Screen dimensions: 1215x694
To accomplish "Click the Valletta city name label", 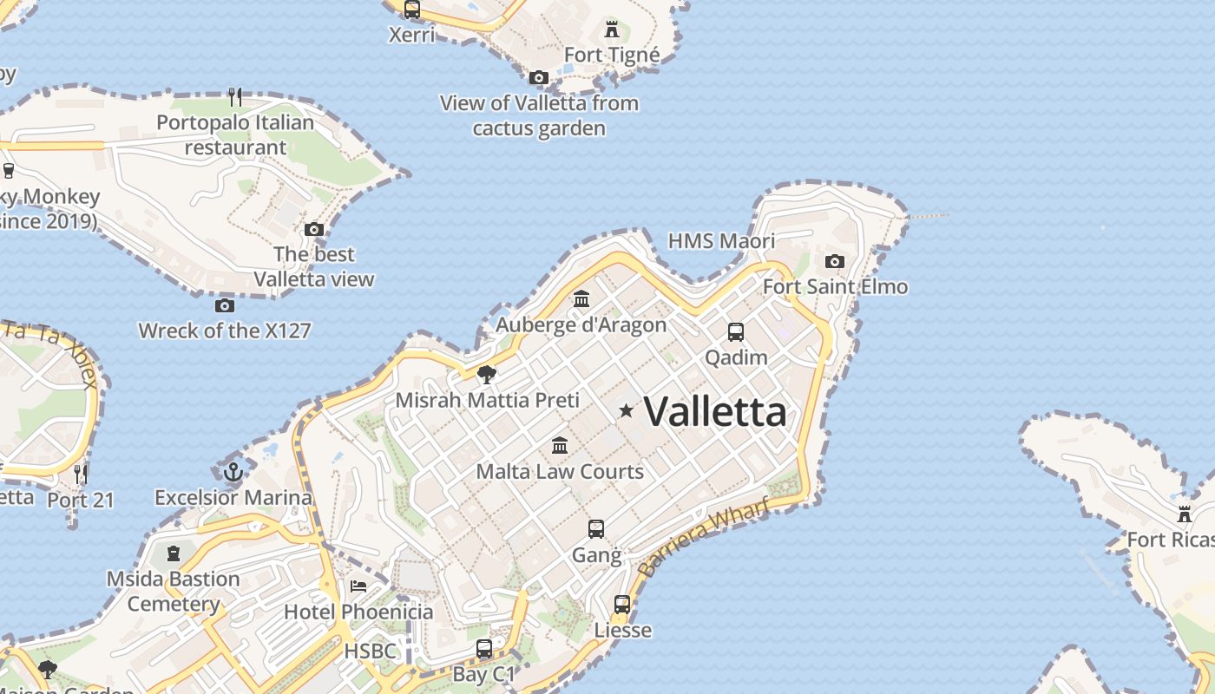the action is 715,411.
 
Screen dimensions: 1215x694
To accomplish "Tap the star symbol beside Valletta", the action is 626,410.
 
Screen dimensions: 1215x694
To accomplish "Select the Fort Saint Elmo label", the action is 835,286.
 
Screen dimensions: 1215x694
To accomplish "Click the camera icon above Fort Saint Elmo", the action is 834,261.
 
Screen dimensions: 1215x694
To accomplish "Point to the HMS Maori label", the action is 721,240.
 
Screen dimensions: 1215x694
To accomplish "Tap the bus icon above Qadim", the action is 735,331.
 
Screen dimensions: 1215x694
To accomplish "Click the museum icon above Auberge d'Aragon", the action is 581,299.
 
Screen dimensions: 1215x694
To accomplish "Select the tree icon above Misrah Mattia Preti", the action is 487,375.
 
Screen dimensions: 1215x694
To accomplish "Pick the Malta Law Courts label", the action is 560,472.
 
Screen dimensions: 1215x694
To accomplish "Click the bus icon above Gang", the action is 595,529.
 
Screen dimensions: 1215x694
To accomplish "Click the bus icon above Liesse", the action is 622,605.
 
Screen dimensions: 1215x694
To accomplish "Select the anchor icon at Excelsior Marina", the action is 233,472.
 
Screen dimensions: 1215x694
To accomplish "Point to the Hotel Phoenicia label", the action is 358,612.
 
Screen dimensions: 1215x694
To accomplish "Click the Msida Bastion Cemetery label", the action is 174,592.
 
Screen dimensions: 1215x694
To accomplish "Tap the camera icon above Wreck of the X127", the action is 224,305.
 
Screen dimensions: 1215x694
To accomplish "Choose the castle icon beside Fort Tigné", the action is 612,29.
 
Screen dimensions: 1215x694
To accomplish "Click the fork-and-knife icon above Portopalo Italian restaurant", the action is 234,95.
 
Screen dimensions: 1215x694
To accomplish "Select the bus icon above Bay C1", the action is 484,649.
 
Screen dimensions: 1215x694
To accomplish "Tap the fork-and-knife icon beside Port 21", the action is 81,474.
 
